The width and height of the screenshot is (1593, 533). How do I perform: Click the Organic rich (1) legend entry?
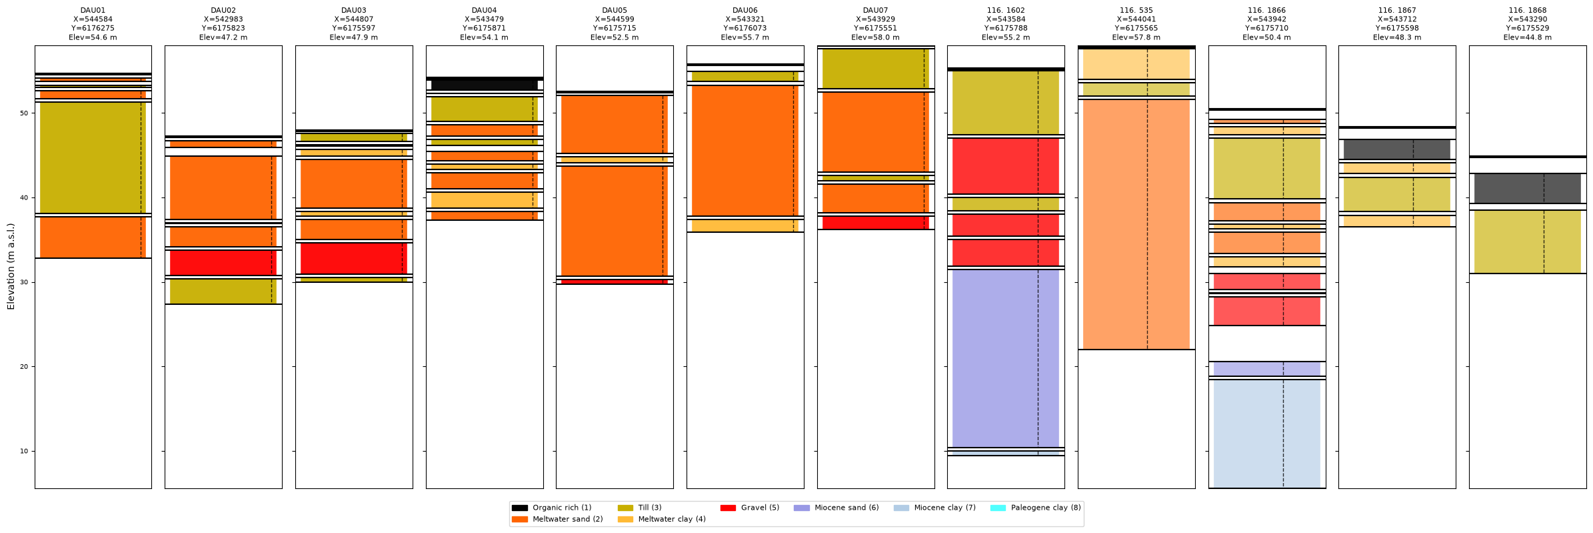551,508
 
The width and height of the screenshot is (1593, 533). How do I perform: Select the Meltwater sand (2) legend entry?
557,519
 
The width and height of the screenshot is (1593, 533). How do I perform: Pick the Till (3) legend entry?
640,508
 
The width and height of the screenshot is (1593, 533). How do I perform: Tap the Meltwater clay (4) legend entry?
662,519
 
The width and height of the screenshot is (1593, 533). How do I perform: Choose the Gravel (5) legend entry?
750,508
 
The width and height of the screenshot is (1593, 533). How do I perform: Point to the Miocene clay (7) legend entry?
934,508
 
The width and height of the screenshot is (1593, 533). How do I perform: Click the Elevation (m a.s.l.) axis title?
11,267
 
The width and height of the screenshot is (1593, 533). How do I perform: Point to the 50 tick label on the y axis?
24,113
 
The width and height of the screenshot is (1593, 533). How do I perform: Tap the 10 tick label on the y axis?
24,452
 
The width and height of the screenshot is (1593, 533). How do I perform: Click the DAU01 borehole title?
93,11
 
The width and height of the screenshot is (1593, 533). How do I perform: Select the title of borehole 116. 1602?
1006,11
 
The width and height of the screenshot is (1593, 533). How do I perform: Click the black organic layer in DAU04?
485,85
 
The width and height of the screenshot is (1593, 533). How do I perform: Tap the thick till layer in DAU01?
93,157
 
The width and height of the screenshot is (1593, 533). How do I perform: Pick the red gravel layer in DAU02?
223,263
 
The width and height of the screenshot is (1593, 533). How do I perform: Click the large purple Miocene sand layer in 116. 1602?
1006,358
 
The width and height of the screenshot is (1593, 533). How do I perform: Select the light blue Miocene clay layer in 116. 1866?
1267,434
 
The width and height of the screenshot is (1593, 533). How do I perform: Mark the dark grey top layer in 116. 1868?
1528,189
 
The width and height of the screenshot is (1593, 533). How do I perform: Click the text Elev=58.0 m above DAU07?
875,37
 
